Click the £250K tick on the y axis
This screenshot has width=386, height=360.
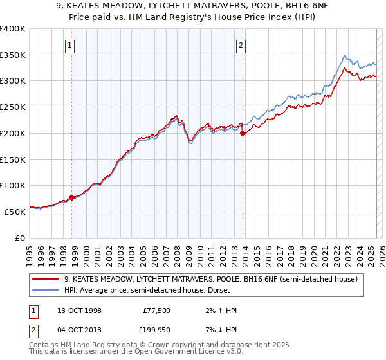point(13,107)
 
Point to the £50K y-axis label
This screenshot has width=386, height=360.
point(15,211)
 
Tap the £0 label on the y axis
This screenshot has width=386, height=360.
point(21,237)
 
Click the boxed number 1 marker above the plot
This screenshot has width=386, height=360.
point(69,45)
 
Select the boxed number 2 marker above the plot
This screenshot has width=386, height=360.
point(241,45)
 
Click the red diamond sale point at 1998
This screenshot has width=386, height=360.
point(71,197)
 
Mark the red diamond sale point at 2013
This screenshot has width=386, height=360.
point(243,134)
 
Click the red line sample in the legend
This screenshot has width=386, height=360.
point(46,279)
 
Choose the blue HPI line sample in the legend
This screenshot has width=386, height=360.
point(46,290)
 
